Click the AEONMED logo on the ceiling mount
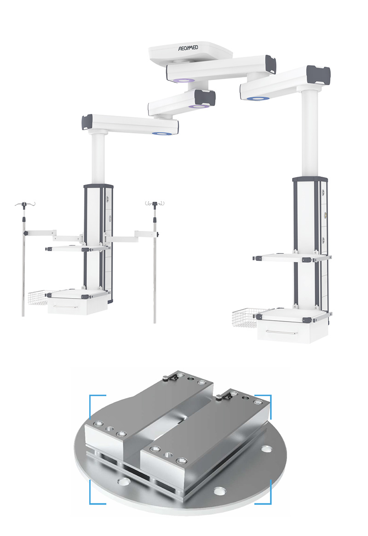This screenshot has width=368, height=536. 188,48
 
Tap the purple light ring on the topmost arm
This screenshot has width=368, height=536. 184,81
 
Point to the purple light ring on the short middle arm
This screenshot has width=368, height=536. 199,106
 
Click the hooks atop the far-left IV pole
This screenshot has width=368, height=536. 25,205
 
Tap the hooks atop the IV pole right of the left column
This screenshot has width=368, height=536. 155,204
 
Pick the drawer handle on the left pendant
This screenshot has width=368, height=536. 65,306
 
